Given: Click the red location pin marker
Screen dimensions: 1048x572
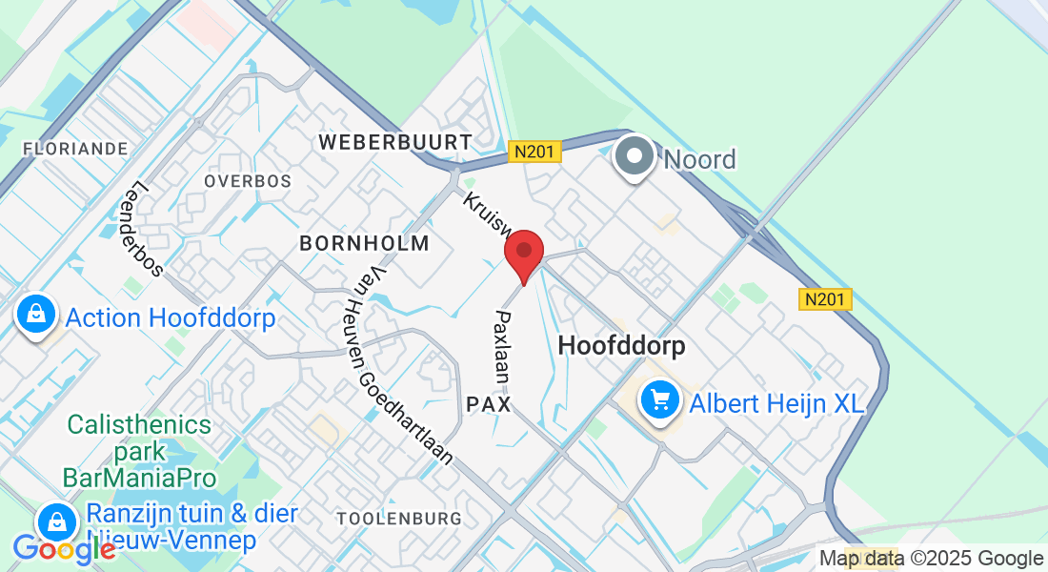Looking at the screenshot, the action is coord(523,255).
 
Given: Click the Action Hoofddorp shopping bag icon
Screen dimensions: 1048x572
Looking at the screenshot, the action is coord(35,312).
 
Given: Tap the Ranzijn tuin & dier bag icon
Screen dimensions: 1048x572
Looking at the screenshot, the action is coord(57,521).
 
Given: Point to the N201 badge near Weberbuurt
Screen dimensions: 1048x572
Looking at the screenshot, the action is coord(534,152).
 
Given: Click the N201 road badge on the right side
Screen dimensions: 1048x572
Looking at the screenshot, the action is coord(824,299).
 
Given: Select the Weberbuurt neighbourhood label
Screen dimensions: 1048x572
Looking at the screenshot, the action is coord(394,142).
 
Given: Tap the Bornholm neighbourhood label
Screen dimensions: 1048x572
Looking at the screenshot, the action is coord(364,243).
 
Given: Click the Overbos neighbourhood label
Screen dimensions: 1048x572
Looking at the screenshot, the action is coord(247,180).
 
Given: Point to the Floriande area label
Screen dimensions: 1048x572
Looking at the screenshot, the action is coord(75,149).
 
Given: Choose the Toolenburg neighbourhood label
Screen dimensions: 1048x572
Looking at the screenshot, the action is coord(399,519).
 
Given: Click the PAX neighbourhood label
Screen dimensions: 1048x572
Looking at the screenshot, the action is coord(489,405).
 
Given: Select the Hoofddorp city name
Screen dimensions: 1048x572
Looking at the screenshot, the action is coord(621,345).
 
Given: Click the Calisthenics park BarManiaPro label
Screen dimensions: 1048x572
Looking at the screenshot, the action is coord(140,450).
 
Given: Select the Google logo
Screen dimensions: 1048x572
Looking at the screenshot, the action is coord(64,549).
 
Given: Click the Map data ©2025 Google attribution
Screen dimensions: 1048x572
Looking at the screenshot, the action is coord(932,559).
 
